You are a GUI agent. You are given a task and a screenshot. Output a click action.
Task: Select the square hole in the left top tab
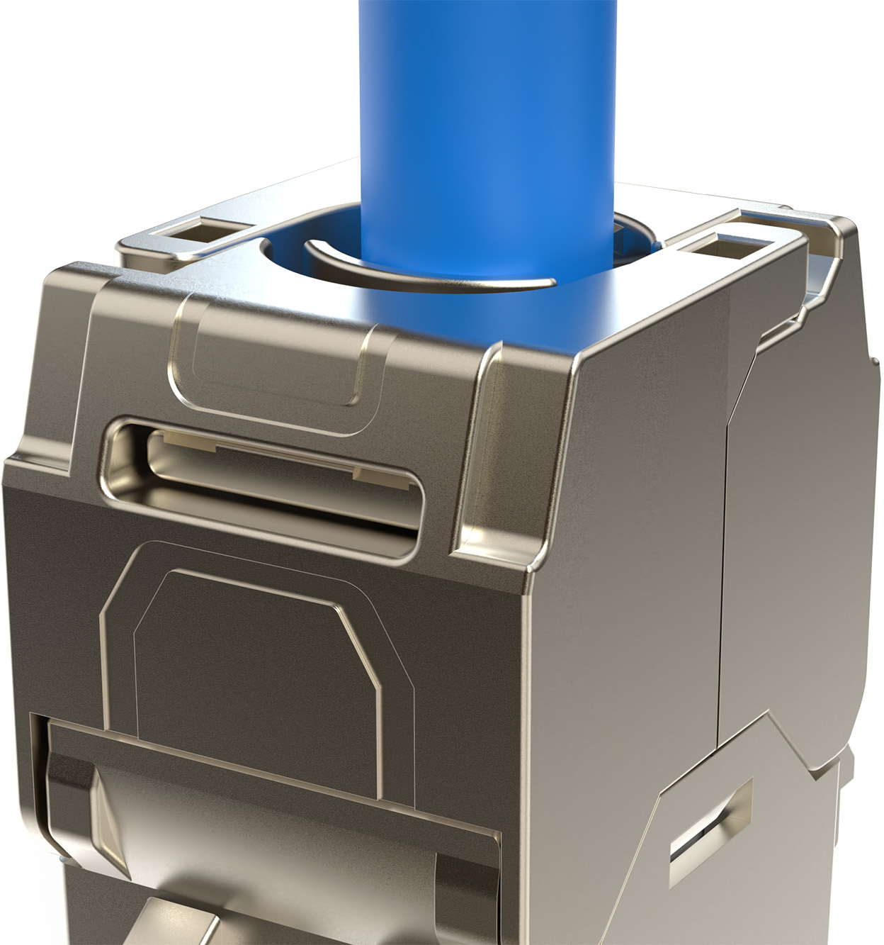[x=200, y=233]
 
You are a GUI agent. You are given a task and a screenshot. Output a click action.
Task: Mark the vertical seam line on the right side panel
[x=724, y=567]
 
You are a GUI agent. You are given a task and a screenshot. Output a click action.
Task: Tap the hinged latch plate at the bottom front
[x=269, y=837]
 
